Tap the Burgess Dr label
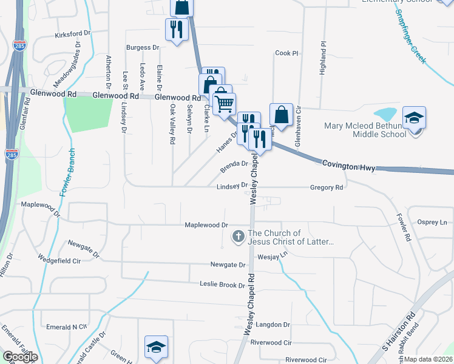tap(142, 47)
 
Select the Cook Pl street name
tap(286, 53)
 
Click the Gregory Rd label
tap(327, 188)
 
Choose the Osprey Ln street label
tap(433, 223)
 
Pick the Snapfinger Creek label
tap(412, 37)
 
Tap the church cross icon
tap(239, 237)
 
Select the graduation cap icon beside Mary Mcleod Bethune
tap(414, 117)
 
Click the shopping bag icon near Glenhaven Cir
tap(281, 113)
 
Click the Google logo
tap(20, 357)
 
